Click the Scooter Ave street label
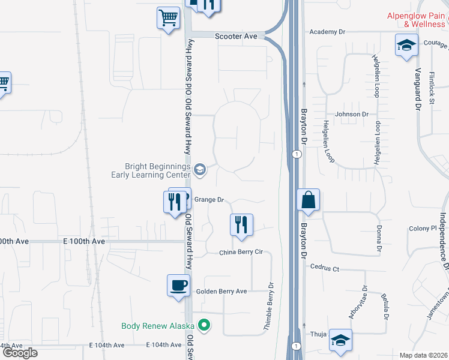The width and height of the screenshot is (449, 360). coord(236,37)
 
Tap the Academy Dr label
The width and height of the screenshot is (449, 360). coord(327,32)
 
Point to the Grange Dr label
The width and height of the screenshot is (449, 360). coord(209,200)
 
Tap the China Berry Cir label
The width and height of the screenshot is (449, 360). coord(241,252)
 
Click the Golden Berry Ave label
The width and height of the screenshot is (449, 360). coord(221,292)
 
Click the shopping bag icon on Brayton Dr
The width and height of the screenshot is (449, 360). coord(308,200)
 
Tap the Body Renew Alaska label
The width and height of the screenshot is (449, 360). coord(158,326)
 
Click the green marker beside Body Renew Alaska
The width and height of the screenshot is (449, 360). coord(205,326)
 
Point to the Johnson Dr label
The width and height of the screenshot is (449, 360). coord(352,114)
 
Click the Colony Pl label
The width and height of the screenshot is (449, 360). coord(423,229)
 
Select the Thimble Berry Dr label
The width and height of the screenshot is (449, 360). coord(270,307)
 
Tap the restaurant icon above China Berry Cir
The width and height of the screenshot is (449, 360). coord(241,225)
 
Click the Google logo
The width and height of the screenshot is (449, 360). coord(20,353)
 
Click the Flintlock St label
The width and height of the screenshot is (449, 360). coord(432,89)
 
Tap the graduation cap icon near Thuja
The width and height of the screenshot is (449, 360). coord(340,341)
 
